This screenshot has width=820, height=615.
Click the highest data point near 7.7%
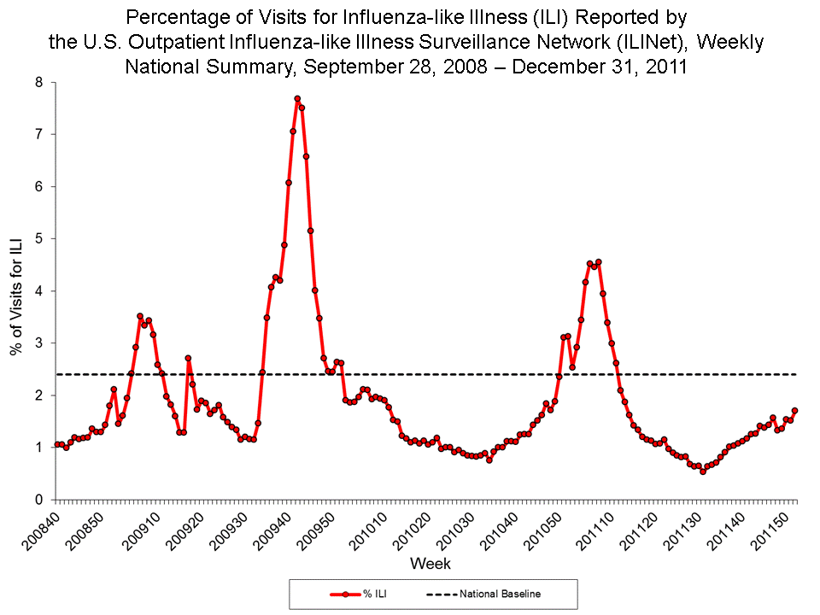point(297,99)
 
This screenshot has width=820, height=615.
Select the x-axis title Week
point(430,564)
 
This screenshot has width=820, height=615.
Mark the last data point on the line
point(794,411)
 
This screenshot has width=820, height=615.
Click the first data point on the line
point(57,444)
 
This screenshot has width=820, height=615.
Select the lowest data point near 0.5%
point(703,471)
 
